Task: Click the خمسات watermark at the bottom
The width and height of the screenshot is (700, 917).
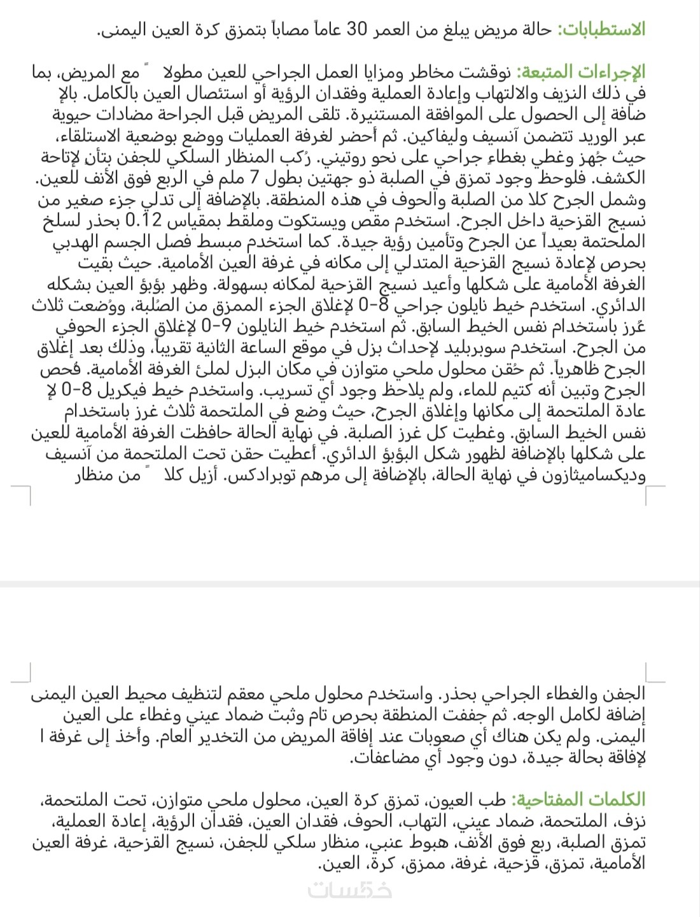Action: [349, 890]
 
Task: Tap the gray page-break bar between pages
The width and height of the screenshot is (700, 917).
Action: [350, 584]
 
